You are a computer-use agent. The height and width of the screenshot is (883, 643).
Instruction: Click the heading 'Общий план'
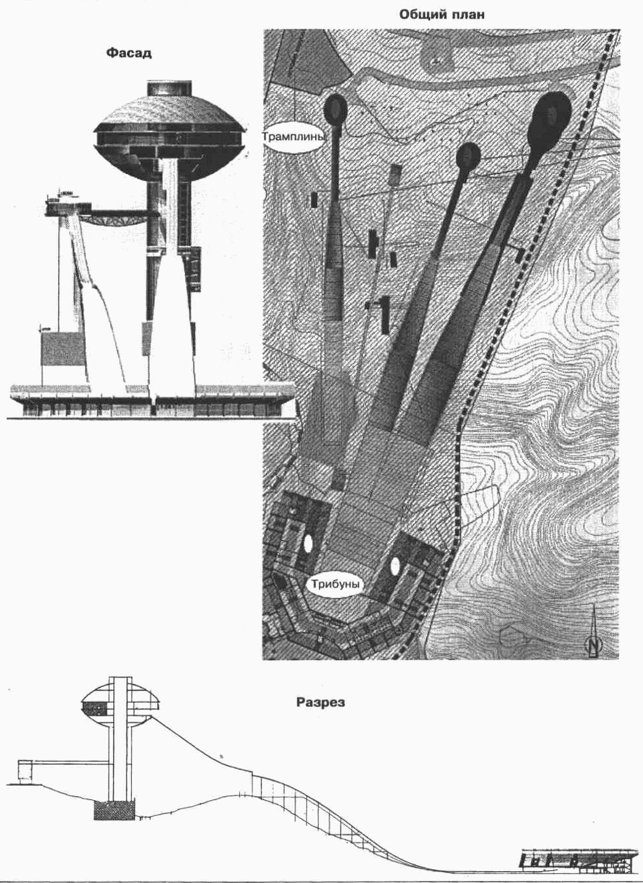click(442, 14)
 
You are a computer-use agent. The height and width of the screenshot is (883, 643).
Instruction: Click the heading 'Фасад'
click(129, 53)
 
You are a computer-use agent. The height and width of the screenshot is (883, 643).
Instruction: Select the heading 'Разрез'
click(321, 702)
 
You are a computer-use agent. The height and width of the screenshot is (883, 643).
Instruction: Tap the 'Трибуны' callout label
click(335, 584)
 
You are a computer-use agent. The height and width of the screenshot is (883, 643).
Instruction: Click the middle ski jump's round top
click(468, 156)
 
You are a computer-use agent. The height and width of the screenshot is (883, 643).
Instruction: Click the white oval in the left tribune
click(308, 543)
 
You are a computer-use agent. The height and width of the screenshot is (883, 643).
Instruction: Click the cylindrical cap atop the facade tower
click(169, 89)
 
